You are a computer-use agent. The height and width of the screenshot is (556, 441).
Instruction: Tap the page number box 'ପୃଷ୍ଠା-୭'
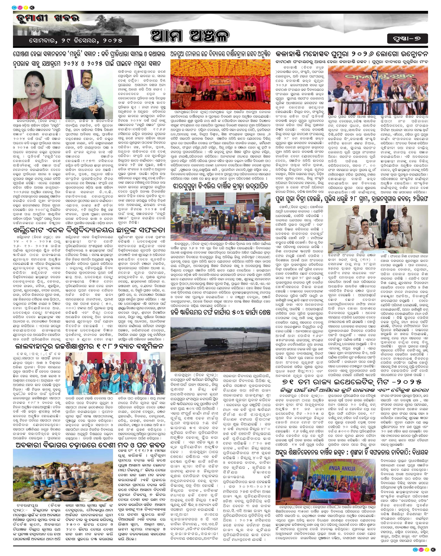pos(407,39)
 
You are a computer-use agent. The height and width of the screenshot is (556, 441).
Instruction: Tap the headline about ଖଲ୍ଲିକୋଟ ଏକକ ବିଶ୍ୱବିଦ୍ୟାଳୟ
pos(89,230)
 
